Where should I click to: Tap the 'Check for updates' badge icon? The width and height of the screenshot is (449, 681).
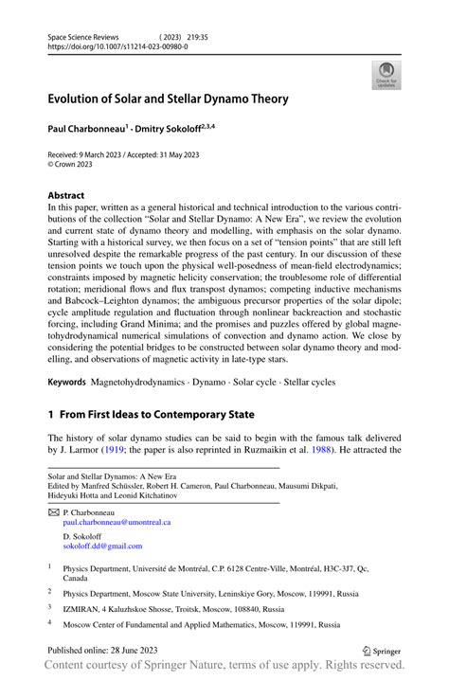pyautogui.click(x=386, y=76)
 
